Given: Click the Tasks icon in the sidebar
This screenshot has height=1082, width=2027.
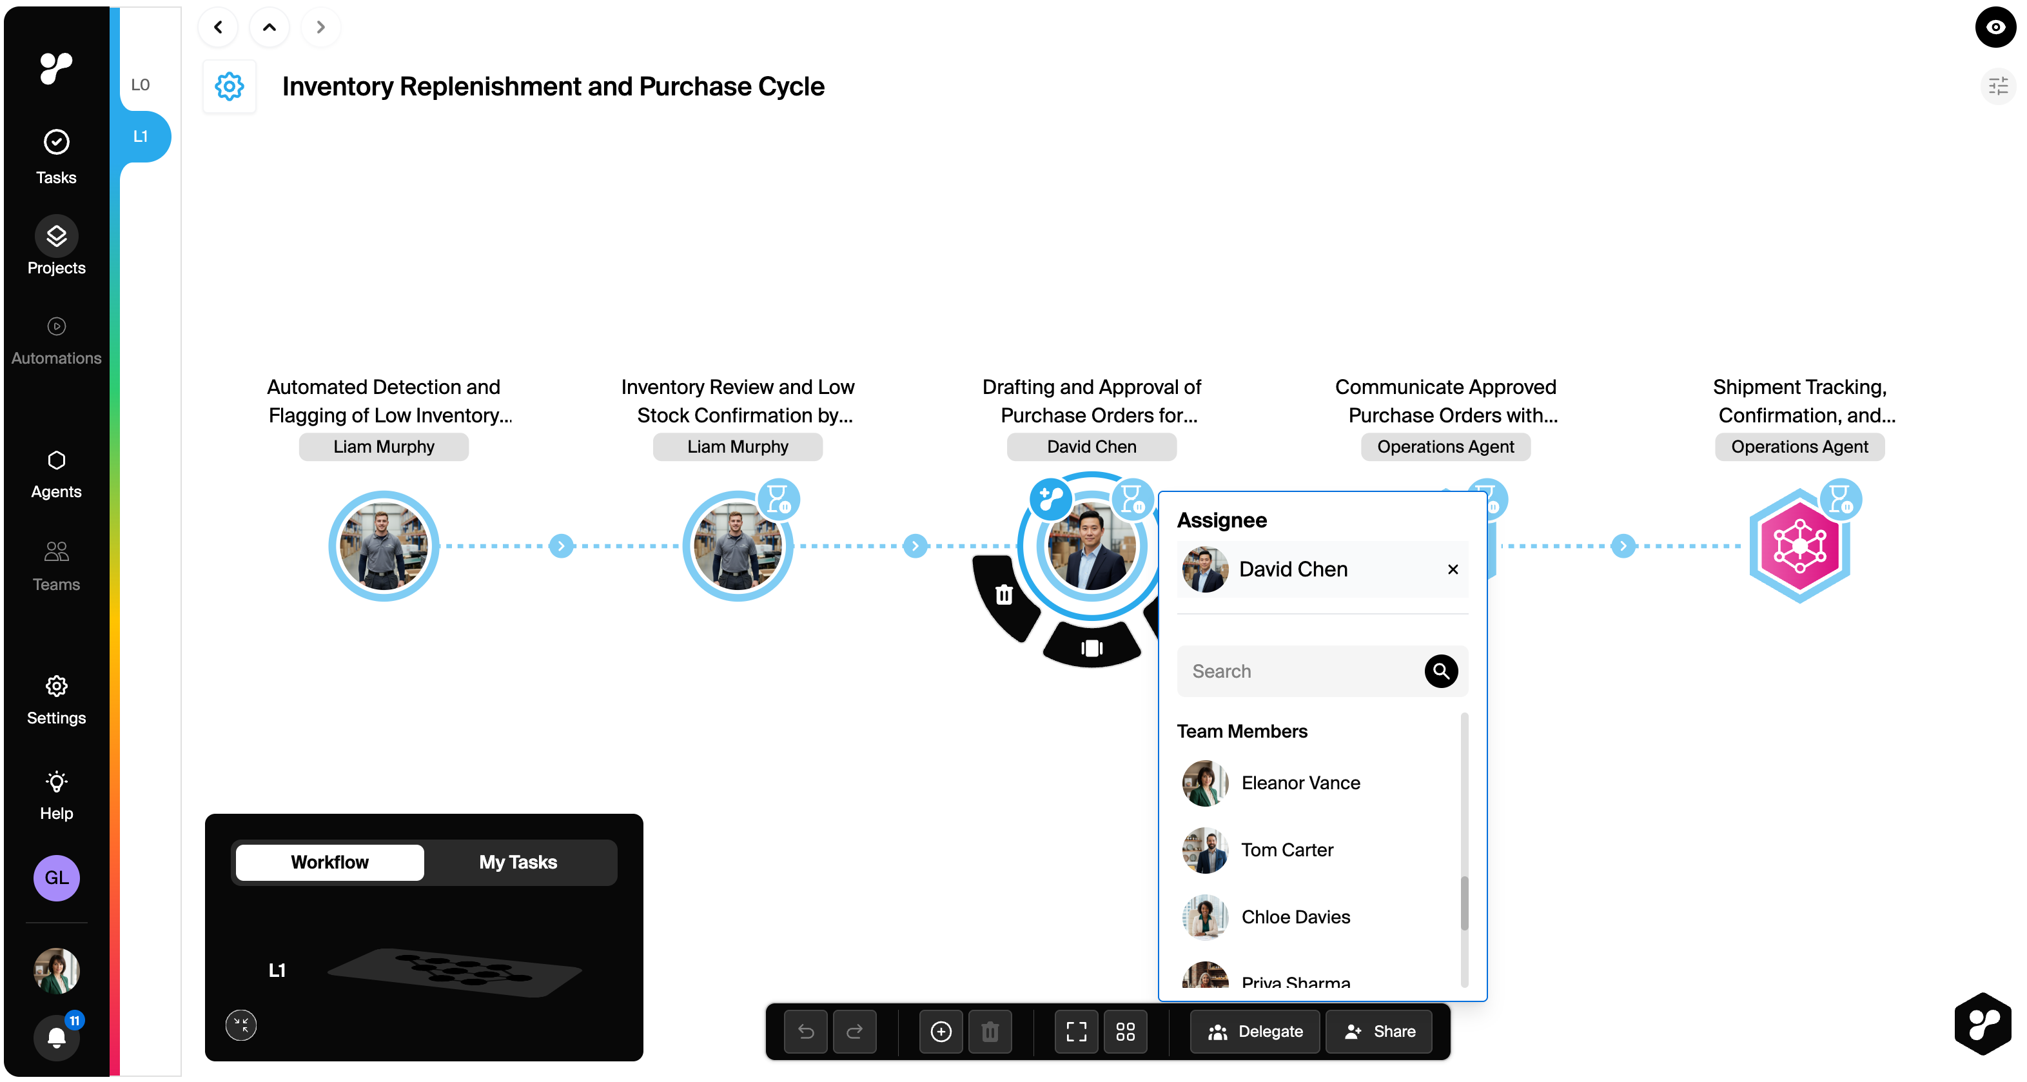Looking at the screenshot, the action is tap(56, 143).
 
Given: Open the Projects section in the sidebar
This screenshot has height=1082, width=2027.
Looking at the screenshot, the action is tap(56, 236).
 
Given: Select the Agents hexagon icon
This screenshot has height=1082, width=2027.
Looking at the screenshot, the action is tap(56, 460).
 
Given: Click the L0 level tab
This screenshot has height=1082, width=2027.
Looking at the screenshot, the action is tap(140, 85).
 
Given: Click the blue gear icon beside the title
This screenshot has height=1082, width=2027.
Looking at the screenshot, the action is tap(229, 86).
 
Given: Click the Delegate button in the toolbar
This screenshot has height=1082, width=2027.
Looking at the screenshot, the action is tap(1255, 1032).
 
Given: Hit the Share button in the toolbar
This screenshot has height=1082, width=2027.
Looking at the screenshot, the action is tap(1380, 1032).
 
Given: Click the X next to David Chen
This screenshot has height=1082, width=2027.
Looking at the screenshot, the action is tap(1453, 569).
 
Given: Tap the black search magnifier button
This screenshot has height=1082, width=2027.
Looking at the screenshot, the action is tap(1441, 671).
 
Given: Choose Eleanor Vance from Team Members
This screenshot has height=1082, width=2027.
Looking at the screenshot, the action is tap(1300, 783).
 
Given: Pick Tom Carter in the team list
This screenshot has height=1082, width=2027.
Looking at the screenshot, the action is tap(1287, 850).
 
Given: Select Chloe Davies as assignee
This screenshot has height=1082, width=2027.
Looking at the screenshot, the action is tap(1295, 917).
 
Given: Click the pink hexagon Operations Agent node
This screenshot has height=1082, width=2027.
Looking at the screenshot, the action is tap(1799, 546).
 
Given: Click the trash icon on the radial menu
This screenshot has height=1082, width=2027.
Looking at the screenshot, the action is tap(1004, 595).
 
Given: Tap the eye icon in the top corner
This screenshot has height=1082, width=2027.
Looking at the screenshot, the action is tap(1995, 28).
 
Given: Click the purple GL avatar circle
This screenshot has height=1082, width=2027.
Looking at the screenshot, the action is tap(56, 878).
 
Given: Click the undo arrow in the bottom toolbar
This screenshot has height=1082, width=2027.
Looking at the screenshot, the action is tap(806, 1032).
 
